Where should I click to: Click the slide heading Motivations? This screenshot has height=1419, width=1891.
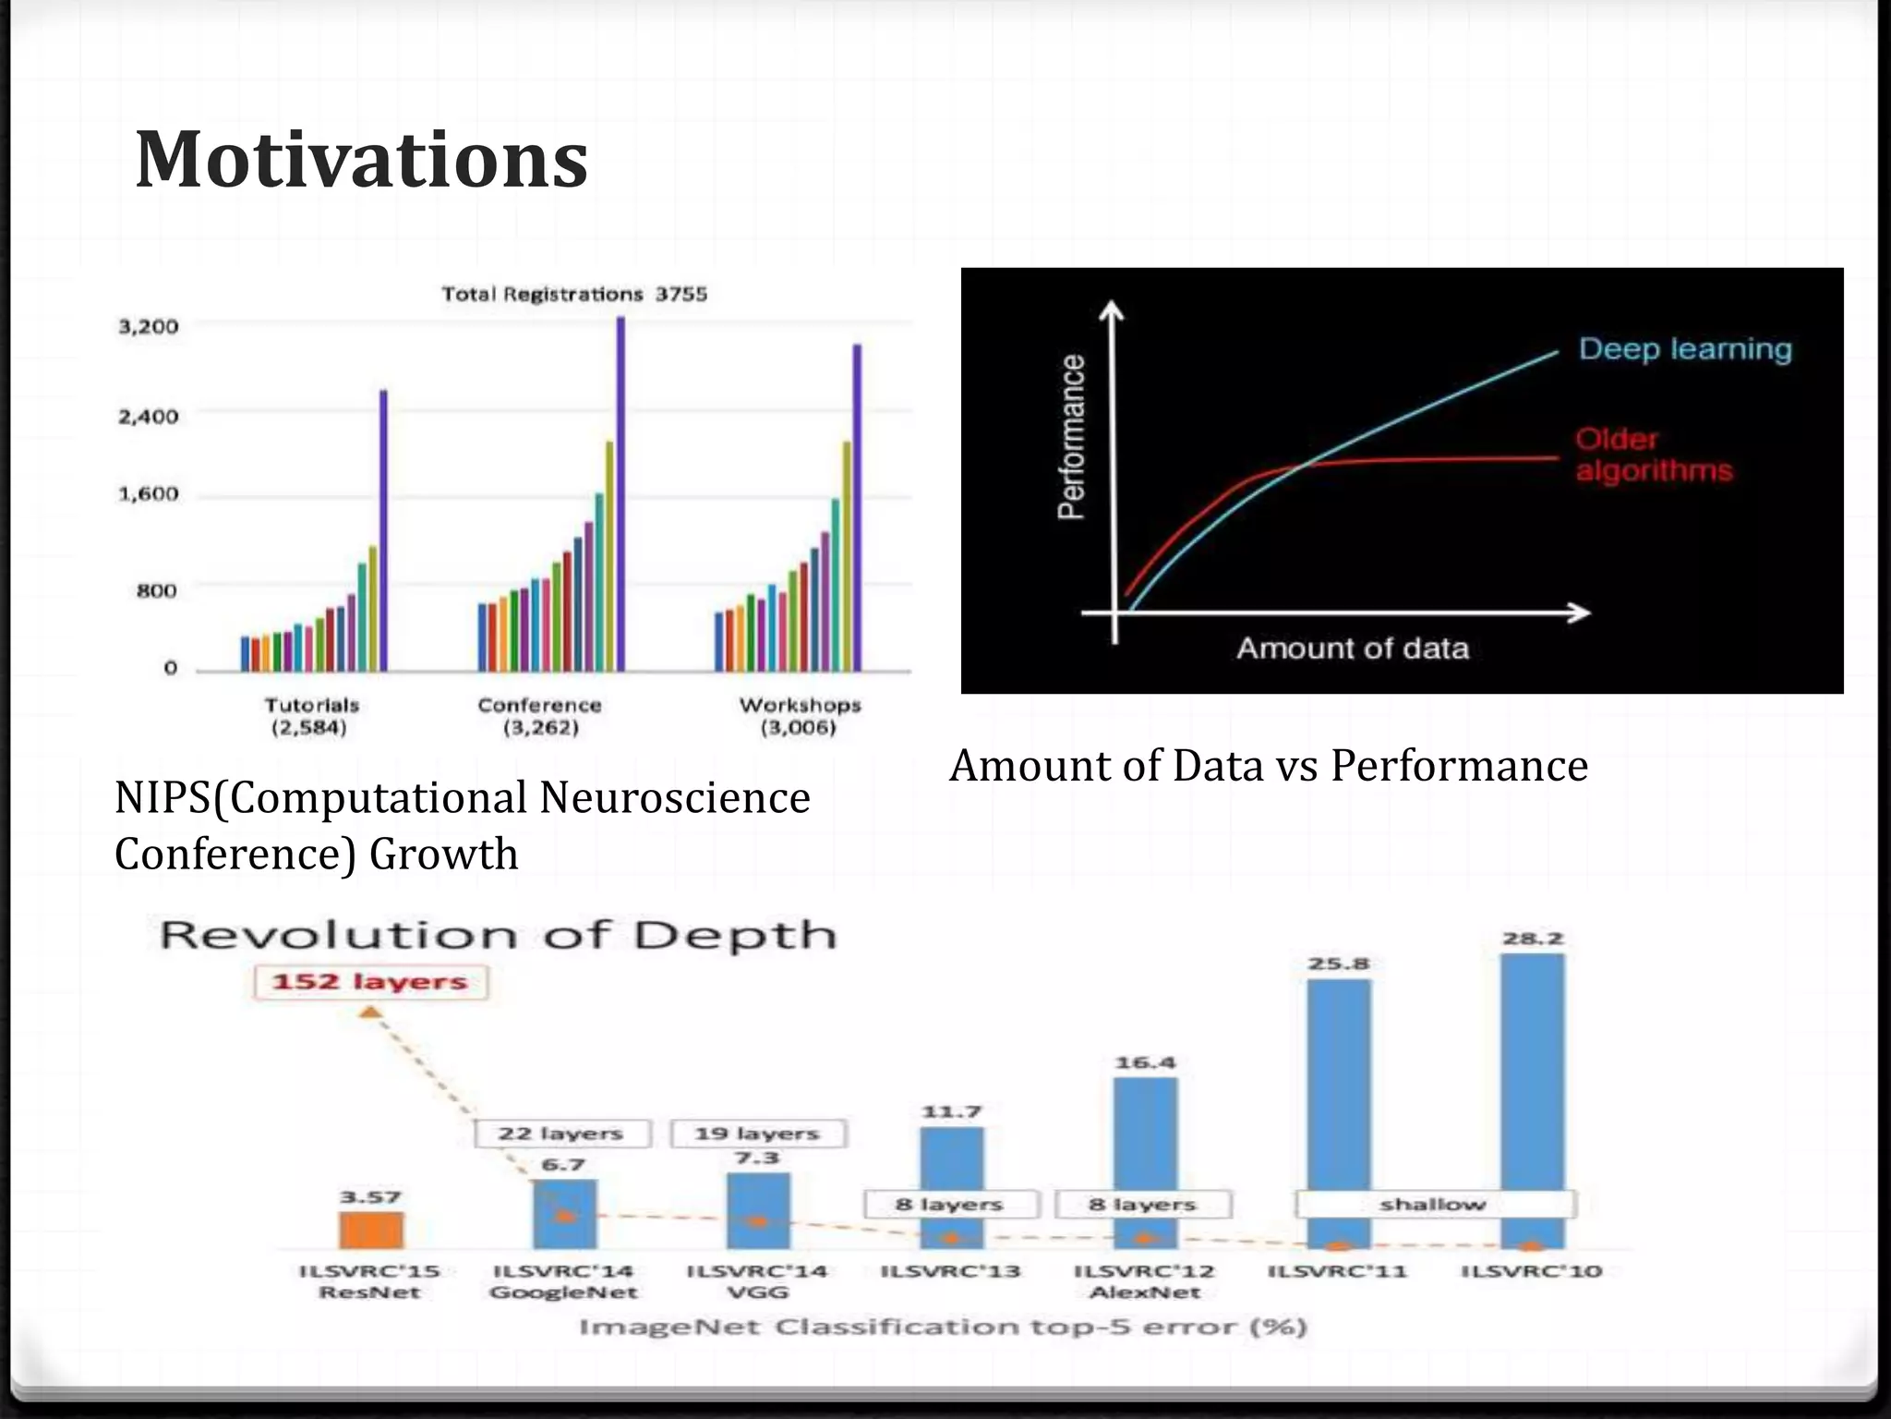361,160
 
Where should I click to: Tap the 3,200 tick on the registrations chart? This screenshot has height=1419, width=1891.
148,326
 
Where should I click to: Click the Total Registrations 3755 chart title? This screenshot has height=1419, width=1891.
573,294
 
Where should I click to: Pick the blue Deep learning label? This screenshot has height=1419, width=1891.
1684,349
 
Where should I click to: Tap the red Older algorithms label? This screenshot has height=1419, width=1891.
1653,455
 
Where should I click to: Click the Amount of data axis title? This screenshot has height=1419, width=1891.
1352,648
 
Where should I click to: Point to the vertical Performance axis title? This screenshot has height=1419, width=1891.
1071,437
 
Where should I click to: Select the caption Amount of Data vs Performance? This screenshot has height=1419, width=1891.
1268,766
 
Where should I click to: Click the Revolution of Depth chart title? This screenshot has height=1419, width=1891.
498,935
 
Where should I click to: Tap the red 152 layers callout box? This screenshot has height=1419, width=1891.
370,981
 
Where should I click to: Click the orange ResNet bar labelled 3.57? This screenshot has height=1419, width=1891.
370,1230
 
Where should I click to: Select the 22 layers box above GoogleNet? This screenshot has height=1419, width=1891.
561,1134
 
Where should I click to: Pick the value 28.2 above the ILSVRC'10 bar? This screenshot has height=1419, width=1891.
1532,939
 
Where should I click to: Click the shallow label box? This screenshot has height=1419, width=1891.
1434,1205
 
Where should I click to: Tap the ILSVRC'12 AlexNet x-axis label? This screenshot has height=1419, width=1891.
1144,1281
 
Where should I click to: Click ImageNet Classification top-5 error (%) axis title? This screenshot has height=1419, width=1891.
942,1328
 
